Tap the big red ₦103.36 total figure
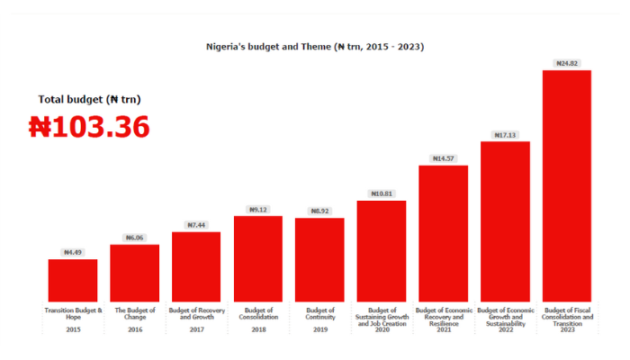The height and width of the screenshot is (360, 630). click(x=89, y=127)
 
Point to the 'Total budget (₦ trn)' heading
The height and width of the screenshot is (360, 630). click(x=89, y=99)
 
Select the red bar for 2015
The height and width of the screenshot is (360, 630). click(x=73, y=280)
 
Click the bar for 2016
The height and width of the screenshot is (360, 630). click(x=135, y=273)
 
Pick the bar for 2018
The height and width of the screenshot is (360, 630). click(x=258, y=258)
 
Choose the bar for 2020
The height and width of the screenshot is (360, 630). click(x=382, y=251)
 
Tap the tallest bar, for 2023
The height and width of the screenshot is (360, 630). click(x=567, y=185)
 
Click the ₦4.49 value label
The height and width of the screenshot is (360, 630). click(x=73, y=253)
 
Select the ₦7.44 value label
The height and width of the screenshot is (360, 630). click(x=196, y=225)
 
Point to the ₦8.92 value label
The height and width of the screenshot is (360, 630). click(x=319, y=211)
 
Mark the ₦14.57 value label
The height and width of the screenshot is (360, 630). click(x=444, y=158)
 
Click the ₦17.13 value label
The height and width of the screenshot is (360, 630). click(x=505, y=135)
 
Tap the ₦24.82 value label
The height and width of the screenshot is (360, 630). click(x=567, y=63)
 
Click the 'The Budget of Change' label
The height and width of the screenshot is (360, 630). click(x=135, y=313)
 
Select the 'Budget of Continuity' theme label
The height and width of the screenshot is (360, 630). click(x=319, y=313)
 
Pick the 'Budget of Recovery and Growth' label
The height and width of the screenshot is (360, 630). click(x=196, y=313)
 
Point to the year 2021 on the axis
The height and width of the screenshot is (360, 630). click(x=444, y=330)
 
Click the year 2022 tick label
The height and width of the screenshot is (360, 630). click(x=505, y=330)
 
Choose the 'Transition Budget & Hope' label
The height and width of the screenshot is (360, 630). click(x=73, y=313)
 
